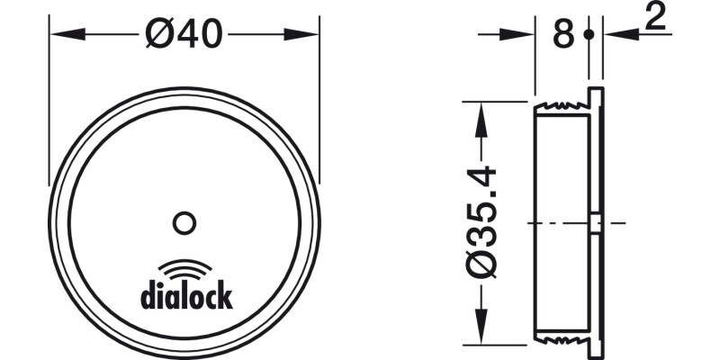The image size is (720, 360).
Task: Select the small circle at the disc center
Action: pos(184,221)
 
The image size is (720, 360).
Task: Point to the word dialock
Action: pos(186,295)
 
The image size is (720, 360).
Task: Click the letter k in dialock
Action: pos(225,294)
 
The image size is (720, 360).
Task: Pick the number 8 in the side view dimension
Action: pos(562,36)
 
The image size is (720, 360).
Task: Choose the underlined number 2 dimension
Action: pos(655,18)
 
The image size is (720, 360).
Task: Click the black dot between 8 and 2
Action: pos(589,35)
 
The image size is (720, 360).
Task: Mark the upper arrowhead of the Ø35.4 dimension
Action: pos(483,112)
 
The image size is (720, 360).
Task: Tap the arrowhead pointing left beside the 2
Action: pos(616,35)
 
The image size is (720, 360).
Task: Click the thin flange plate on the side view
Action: pos(597,221)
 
